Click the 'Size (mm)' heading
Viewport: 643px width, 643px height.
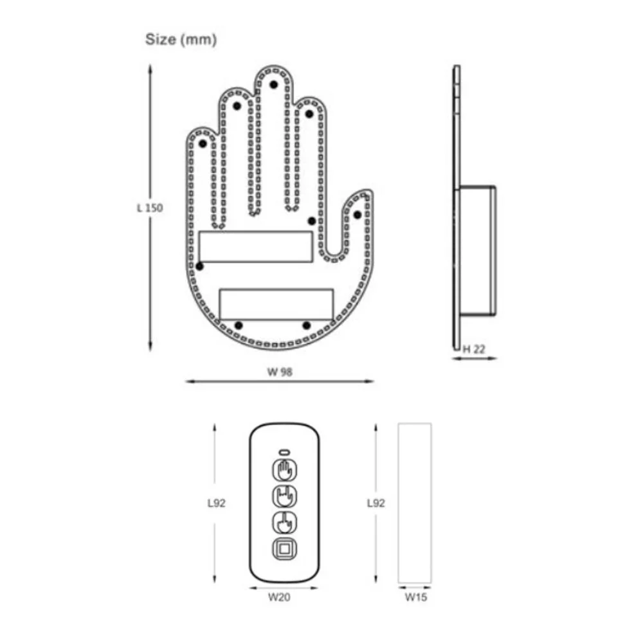point(181,39)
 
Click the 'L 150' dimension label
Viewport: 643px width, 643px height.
point(150,208)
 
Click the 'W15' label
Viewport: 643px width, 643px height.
point(415,597)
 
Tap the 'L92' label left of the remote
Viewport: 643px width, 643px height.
point(217,503)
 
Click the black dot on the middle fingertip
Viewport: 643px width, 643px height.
point(273,84)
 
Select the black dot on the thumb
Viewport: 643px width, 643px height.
point(358,214)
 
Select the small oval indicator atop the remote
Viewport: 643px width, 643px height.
point(284,451)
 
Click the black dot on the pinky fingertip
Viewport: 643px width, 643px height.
point(204,144)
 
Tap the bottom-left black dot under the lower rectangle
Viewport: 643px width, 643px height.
point(239,325)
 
